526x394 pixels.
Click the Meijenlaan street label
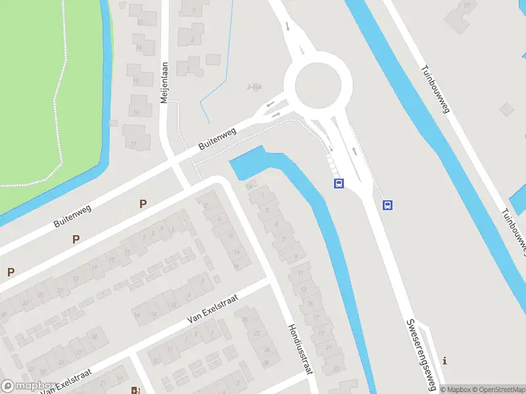(165, 83)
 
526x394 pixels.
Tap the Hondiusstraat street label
(298, 348)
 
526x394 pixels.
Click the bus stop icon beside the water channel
(339, 184)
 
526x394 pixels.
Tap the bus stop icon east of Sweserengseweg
(388, 205)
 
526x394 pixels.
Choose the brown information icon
(446, 361)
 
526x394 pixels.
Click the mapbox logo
(28, 386)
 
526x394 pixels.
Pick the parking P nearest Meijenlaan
(143, 204)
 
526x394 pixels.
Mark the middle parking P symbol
(76, 239)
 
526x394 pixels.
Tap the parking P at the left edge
(11, 272)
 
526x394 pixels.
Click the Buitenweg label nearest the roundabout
(218, 139)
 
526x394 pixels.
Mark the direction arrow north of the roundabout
(288, 27)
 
